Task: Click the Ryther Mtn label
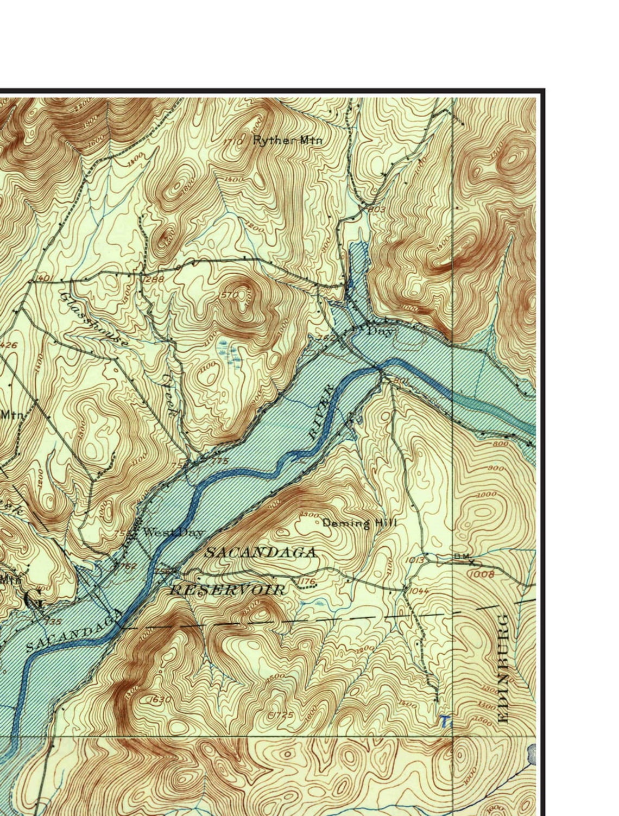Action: pos(288,140)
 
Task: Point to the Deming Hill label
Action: pos(359,523)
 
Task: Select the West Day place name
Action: pos(173,533)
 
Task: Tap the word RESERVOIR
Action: pos(227,590)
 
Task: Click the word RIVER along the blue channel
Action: pos(320,412)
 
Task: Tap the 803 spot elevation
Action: pos(377,210)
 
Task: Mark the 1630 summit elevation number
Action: pos(160,699)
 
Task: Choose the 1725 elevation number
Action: pos(282,714)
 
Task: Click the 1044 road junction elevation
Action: pos(419,591)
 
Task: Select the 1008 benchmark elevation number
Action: pos(482,574)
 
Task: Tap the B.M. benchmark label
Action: pos(464,556)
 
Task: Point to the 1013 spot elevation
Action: pos(415,560)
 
